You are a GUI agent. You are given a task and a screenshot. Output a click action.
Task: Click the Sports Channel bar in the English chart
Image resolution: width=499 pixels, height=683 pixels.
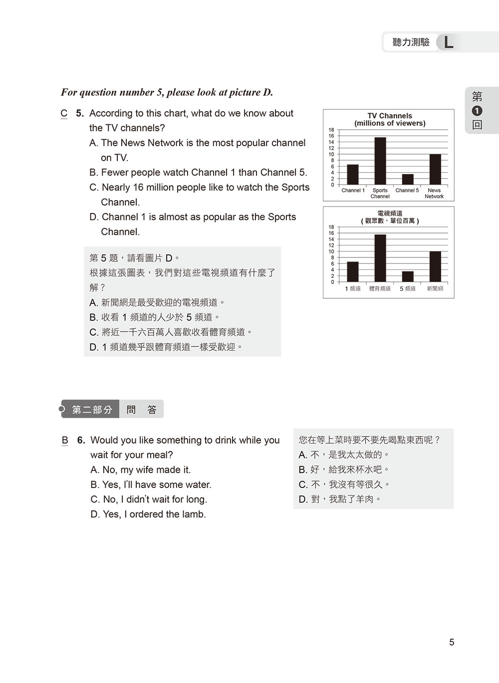pos(380,161)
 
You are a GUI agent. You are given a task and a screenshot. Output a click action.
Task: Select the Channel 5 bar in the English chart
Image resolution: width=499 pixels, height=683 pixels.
pos(408,180)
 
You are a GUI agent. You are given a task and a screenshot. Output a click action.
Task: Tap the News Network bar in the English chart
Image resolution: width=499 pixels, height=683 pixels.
pos(435,170)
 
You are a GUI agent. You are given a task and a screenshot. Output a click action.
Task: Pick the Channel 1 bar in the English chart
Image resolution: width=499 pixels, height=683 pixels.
pos(353,175)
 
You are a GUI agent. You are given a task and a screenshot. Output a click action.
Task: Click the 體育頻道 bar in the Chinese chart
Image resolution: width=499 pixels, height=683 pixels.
pos(380,258)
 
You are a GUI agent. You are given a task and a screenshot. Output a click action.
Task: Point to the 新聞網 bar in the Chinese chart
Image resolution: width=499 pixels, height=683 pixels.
pos(435,267)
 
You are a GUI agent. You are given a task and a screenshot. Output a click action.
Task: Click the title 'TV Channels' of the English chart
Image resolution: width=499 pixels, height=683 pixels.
pos(390,116)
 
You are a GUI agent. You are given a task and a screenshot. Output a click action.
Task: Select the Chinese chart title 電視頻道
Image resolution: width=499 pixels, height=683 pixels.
pos(390,214)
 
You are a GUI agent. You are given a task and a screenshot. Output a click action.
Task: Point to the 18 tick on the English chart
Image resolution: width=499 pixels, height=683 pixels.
pos(331,130)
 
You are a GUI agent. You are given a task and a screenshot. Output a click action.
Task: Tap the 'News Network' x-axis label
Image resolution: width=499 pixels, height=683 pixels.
pos(434,193)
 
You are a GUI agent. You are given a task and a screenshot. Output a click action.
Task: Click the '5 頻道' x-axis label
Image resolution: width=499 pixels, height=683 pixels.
pos(408,289)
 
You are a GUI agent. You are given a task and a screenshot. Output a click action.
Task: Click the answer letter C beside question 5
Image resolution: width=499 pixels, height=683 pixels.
pos(64,114)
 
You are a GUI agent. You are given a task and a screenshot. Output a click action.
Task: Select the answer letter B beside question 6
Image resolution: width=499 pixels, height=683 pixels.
pos(65,441)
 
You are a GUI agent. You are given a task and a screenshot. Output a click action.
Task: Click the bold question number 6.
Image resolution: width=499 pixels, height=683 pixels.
pos(81,441)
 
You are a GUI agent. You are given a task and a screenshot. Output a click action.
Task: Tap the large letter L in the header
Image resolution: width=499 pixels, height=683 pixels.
pos(449,42)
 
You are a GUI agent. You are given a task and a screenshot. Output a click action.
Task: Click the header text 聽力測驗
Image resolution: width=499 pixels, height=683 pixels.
pos(411,42)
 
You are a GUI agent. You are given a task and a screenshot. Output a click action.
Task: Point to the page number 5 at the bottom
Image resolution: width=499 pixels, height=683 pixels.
pos(452,643)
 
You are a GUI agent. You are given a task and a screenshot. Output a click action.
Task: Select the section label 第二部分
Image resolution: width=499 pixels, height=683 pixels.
pos(92,410)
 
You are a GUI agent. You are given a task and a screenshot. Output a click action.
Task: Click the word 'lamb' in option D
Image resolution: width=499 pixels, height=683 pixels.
pos(195,514)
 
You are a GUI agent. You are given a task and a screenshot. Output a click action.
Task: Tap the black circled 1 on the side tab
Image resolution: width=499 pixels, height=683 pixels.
pos(477,111)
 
